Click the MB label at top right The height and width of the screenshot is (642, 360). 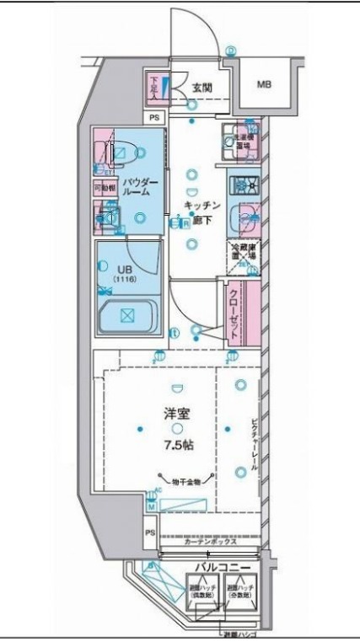[x=264, y=85]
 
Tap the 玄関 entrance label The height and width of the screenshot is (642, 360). [x=201, y=86]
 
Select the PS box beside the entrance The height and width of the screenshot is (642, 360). [x=153, y=118]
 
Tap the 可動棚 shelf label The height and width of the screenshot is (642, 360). [x=102, y=189]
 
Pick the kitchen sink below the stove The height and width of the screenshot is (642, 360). [x=244, y=218]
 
